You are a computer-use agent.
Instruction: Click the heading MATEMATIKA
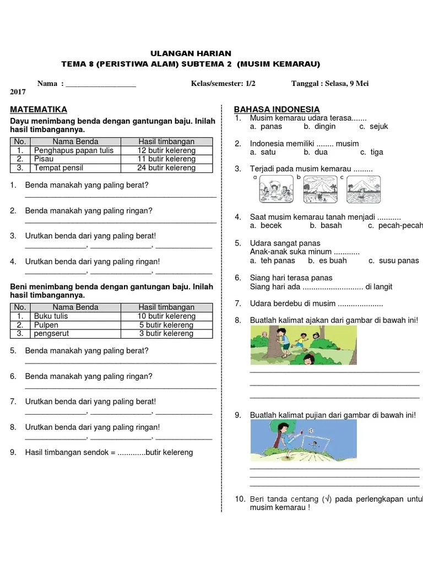39,109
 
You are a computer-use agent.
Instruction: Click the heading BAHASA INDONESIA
276,109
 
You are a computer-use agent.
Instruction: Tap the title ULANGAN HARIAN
187,53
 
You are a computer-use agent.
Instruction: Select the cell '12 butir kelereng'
167,150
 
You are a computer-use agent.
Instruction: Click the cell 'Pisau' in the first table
44,159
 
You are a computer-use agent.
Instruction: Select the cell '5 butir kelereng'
167,325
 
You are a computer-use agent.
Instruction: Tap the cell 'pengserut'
52,334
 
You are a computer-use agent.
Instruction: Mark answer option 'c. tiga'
372,152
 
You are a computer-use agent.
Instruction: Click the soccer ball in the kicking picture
311,431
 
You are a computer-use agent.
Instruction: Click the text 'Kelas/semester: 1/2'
223,84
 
